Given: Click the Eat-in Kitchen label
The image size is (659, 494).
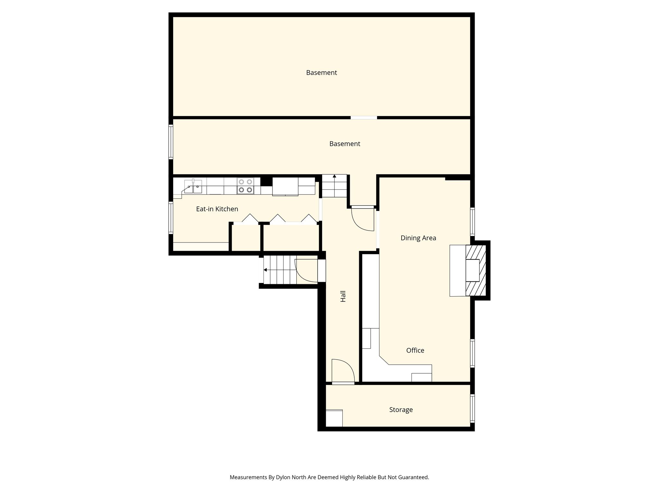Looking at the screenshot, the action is coord(217,209).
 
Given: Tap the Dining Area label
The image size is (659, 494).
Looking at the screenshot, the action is coord(418,238).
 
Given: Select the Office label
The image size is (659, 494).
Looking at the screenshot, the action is coord(415,351).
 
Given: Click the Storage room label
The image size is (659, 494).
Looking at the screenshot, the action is coord(401,410).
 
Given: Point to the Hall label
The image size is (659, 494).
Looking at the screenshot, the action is coord(343,296).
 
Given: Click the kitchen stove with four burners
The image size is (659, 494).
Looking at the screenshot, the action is coord(245,186).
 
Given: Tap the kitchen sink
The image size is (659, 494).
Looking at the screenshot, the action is coord(193,187).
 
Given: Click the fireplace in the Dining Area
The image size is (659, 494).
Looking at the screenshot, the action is coord(476,270).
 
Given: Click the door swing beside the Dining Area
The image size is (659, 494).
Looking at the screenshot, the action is coord(363,219).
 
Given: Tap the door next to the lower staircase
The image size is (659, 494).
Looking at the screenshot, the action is coord(306,271).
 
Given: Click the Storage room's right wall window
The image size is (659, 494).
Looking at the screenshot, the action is coord(472,408).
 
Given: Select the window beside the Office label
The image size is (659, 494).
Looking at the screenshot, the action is coord(472,353).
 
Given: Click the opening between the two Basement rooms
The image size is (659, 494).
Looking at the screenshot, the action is coord(364,118).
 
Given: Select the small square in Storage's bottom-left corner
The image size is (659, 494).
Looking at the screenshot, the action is coord(334,418).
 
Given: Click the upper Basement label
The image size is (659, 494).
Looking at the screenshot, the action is coord(321,73).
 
